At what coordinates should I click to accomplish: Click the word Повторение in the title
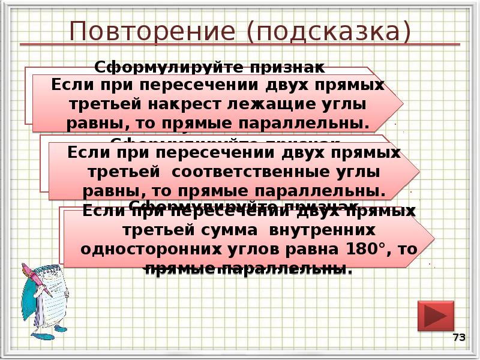(x=137, y=31)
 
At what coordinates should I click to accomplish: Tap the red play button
(x=434, y=316)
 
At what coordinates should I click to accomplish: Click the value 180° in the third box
(x=366, y=248)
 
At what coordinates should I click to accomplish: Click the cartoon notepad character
(x=45, y=294)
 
